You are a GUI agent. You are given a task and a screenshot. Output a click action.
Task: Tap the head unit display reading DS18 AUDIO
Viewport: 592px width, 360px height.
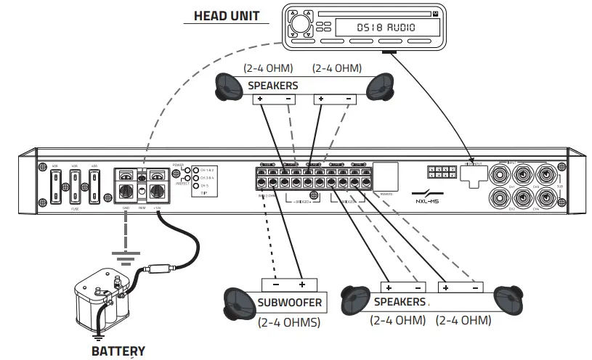386,28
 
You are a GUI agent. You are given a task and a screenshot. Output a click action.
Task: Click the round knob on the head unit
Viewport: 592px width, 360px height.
299,27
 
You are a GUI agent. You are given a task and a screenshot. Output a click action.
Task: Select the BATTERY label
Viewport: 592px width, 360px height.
118,351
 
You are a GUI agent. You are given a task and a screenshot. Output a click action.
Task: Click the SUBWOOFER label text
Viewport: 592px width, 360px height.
289,302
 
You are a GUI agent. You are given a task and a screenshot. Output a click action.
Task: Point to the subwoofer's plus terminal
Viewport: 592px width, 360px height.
301,285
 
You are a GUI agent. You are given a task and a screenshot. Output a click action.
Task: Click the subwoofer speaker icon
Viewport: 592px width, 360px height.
239,303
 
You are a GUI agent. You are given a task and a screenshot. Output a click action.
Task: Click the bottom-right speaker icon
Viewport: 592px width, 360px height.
509,300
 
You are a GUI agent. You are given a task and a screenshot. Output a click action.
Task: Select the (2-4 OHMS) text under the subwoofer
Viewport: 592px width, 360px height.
289,322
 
